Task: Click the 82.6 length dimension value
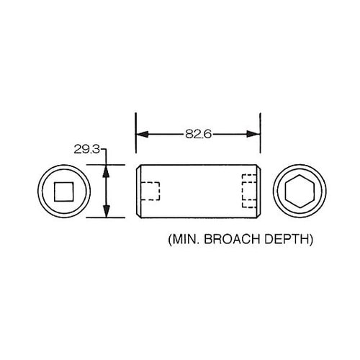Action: tap(198, 134)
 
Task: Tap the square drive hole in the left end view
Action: tap(61, 192)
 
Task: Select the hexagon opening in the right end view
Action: tap(297, 192)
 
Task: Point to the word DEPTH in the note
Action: tap(292, 238)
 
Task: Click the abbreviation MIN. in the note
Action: tap(184, 238)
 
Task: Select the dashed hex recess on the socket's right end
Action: tap(249, 192)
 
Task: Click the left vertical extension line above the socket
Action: tap(137, 144)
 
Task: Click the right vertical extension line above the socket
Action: tap(259, 144)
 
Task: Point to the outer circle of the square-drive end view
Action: tap(61, 166)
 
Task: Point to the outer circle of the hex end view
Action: tap(297, 166)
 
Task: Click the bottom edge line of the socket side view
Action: tap(198, 217)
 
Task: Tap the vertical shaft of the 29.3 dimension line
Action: tap(107, 192)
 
